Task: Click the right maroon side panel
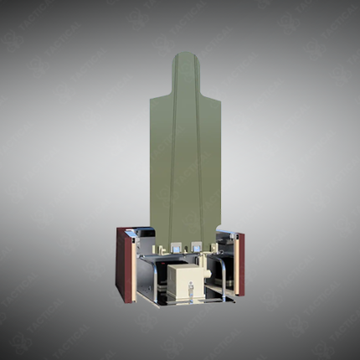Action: (241, 263)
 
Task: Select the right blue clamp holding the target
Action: (196, 247)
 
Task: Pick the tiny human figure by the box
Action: (190, 290)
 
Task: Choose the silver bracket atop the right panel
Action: (227, 231)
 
